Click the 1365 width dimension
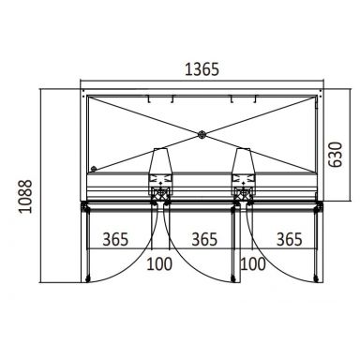pyautogui.click(x=202, y=69)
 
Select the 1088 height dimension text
pyautogui.click(x=25, y=196)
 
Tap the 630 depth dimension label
pyautogui.click(x=336, y=155)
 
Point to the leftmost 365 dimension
pyautogui.click(x=115, y=239)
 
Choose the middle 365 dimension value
pyautogui.click(x=204, y=239)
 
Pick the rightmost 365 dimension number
pyautogui.click(x=290, y=239)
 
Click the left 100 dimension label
pyautogui.click(x=159, y=263)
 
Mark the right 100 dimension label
pyautogui.click(x=253, y=263)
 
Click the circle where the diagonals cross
pyautogui.click(x=202, y=135)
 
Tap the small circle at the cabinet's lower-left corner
pyautogui.click(x=94, y=169)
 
